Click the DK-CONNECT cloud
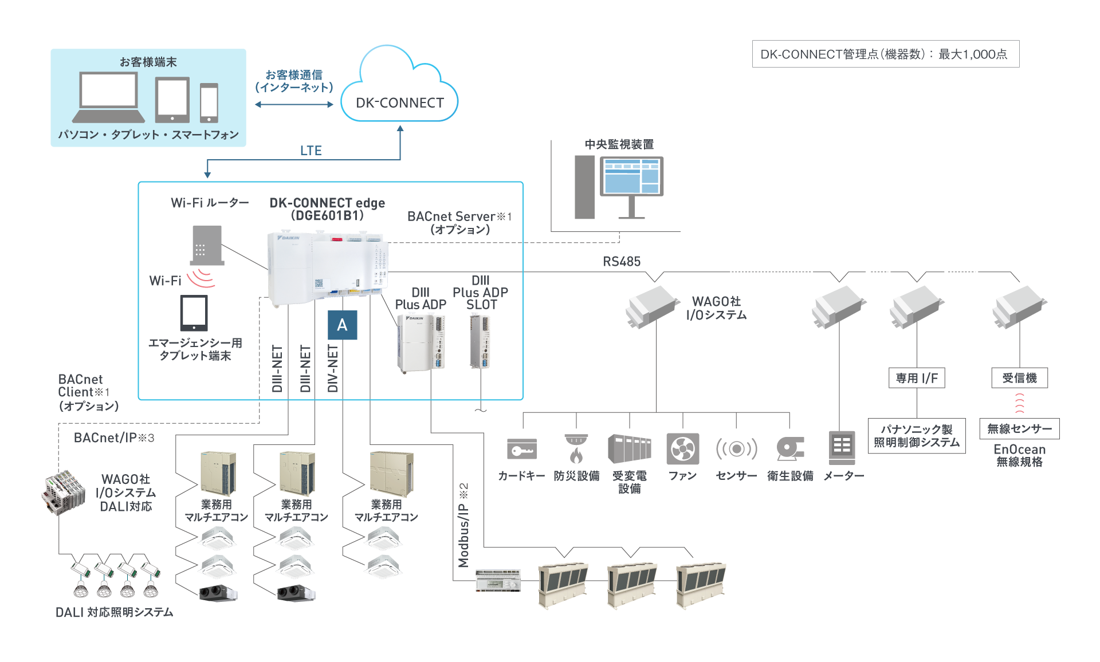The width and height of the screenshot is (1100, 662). click(x=399, y=92)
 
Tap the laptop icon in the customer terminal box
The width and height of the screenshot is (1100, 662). click(x=108, y=97)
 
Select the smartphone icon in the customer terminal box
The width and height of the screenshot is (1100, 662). click(x=209, y=103)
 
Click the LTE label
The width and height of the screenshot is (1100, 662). click(x=311, y=151)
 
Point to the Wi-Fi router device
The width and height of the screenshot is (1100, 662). click(x=207, y=245)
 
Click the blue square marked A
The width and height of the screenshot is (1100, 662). click(x=342, y=325)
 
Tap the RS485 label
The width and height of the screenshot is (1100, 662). click(x=622, y=262)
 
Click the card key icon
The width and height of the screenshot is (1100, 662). click(x=521, y=449)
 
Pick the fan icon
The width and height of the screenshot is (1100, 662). click(x=682, y=449)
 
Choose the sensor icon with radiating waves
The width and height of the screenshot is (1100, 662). click(x=736, y=449)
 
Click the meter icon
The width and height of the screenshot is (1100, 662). click(x=842, y=447)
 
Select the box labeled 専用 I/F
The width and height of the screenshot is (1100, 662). click(x=917, y=378)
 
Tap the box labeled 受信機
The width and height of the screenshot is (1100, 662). click(x=1019, y=378)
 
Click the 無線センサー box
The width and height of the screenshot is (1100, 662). click(x=1019, y=429)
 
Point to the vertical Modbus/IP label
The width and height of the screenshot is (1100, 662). click(x=463, y=525)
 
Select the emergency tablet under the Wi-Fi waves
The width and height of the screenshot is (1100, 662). click(x=194, y=313)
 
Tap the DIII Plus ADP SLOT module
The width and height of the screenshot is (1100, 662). click(x=480, y=342)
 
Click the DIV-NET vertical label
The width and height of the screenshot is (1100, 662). click(x=333, y=368)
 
